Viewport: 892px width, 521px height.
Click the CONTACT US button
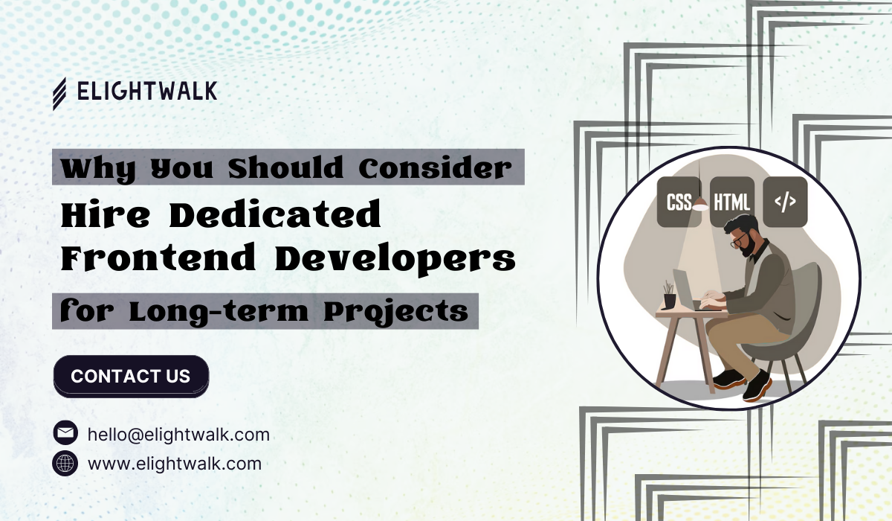point(131,377)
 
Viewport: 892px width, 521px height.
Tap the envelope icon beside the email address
point(65,432)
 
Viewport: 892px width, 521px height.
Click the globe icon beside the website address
point(65,463)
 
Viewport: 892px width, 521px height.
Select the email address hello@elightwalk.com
point(178,435)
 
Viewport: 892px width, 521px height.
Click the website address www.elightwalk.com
point(175,464)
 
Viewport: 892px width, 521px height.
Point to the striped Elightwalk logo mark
point(59,94)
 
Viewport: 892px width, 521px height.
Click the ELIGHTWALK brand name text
point(147,91)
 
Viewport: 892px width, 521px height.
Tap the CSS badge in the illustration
point(679,202)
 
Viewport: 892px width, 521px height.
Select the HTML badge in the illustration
point(732,202)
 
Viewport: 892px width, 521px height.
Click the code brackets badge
point(785,202)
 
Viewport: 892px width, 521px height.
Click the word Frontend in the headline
point(158,258)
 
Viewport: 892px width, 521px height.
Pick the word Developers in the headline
point(395,259)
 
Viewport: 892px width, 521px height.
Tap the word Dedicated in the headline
point(275,214)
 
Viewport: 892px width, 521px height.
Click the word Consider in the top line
point(435,167)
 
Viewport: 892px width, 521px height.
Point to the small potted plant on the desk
point(669,295)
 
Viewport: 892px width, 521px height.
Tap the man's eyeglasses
point(739,240)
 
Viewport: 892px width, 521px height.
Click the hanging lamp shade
point(700,205)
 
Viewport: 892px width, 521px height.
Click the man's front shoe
point(757,386)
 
